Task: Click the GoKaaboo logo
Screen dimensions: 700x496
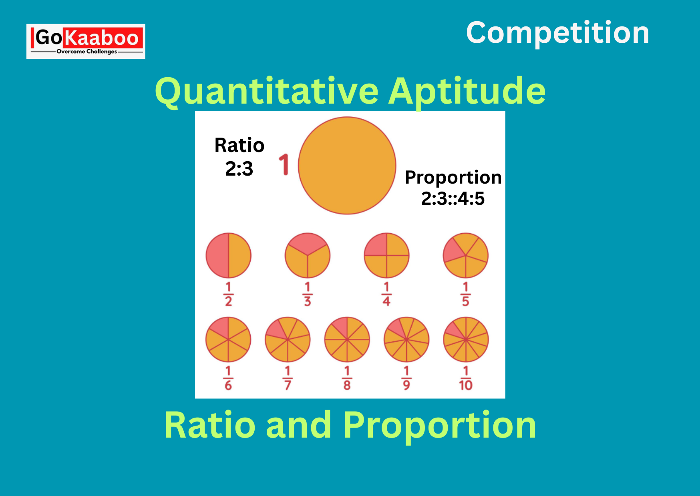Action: coord(86,41)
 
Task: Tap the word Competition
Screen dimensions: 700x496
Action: coord(557,33)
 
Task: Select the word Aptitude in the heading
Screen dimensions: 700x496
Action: coord(467,92)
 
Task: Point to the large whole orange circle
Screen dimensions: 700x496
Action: coord(347,166)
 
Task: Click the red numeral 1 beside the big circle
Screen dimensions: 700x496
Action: coord(284,164)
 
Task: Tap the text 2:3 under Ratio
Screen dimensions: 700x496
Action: coord(239,169)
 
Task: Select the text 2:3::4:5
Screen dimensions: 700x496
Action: coord(453,198)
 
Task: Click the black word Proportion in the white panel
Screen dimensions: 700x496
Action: coord(453,178)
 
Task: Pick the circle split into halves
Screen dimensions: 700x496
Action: coord(228,255)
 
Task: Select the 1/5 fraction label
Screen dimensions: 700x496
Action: coord(465,294)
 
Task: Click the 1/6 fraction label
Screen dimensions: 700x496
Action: coord(228,378)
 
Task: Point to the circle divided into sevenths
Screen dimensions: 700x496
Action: coord(288,340)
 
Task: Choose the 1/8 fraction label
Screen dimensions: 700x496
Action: coord(347,378)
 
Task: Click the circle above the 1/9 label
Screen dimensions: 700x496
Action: coord(406,340)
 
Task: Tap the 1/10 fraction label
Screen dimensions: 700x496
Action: coord(466,378)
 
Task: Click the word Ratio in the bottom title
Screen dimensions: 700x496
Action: coord(210,425)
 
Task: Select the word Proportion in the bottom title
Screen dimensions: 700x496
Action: coord(439,426)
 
